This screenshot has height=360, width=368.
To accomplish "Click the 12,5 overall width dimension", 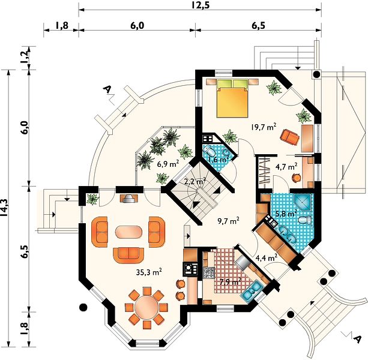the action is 200,5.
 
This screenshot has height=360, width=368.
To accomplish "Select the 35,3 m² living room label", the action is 149,272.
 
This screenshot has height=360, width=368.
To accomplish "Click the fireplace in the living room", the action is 129,199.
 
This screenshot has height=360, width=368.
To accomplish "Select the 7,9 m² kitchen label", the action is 231,281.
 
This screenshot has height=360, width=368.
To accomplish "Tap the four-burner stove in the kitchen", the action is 209,273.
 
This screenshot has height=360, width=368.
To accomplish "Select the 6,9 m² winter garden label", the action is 168,164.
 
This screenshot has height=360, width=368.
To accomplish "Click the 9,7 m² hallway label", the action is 228,221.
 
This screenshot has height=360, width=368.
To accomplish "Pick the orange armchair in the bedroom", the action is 289,136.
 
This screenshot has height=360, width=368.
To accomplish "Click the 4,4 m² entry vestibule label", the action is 267,258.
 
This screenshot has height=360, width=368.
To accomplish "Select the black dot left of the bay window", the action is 83,307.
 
